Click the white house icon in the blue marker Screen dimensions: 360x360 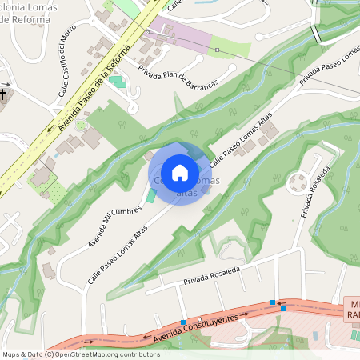tap(180, 173)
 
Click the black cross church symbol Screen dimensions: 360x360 tap(3, 95)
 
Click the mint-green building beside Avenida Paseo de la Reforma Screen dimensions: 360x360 tap(118, 82)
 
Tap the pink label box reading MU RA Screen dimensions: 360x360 tap(353, 310)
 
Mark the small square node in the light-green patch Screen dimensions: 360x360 tap(228, 52)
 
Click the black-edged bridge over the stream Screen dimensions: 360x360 tap(317, 34)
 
